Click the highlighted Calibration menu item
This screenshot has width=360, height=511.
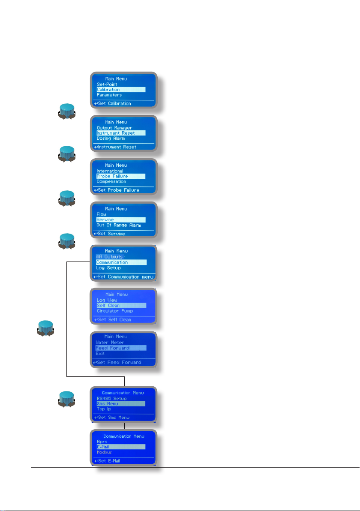(x=108, y=90)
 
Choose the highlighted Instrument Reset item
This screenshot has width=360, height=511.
(x=116, y=133)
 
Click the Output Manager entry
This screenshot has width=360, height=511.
(x=114, y=128)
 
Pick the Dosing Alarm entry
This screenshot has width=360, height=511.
(x=111, y=138)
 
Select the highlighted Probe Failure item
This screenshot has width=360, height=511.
(x=112, y=176)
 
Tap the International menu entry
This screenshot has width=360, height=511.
(x=110, y=171)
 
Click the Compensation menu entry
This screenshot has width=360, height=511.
(x=112, y=181)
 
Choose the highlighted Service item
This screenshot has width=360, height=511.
(x=105, y=219)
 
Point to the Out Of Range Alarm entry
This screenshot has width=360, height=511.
(x=118, y=225)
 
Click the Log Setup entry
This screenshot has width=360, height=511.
(x=108, y=268)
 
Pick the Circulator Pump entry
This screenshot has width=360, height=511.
(x=115, y=311)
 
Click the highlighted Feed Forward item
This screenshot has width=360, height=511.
(x=112, y=348)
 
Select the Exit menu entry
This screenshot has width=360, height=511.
(x=100, y=354)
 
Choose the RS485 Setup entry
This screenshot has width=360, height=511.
(x=112, y=398)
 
